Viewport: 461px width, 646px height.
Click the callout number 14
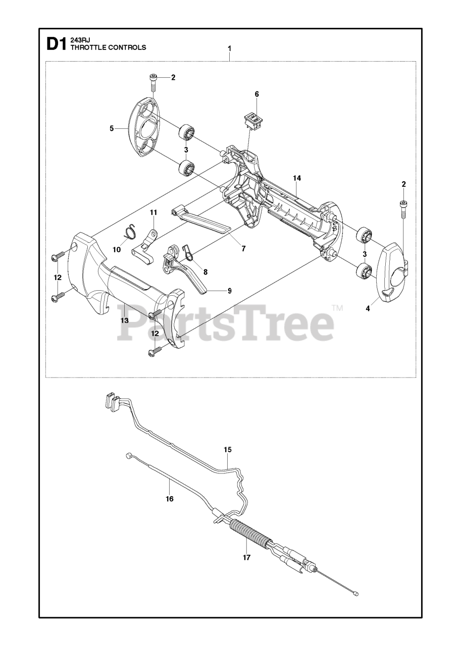tap(297, 178)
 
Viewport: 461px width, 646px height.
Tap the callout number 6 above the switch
tap(257, 94)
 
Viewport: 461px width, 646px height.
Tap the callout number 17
tap(246, 558)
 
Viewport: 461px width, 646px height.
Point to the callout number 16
tap(169, 499)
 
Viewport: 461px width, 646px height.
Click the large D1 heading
tap(56, 43)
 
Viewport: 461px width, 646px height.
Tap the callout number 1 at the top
tap(230, 48)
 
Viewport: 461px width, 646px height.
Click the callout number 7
tap(243, 249)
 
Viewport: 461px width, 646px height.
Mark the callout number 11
tap(153, 212)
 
